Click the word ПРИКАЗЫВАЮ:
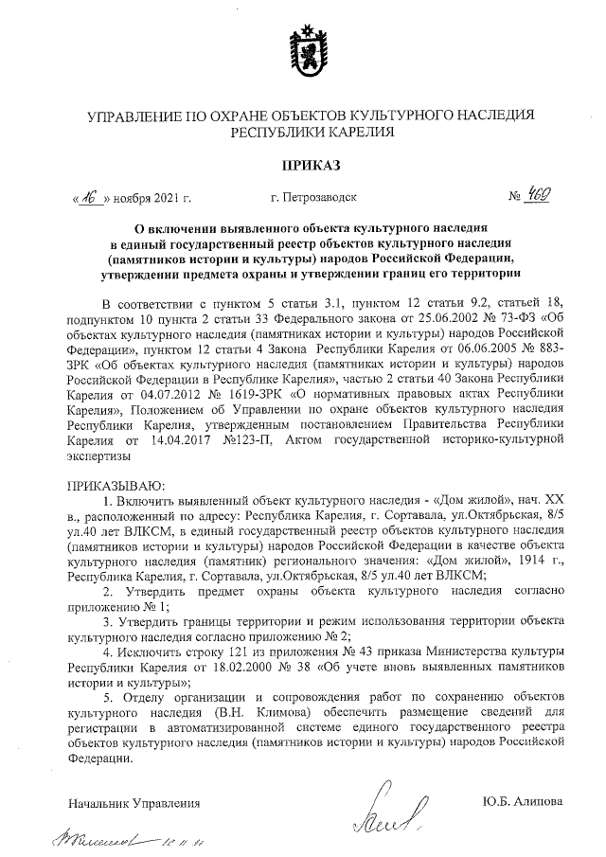[x=111, y=485]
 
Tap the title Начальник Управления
[x=134, y=802]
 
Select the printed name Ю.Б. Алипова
[x=522, y=802]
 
